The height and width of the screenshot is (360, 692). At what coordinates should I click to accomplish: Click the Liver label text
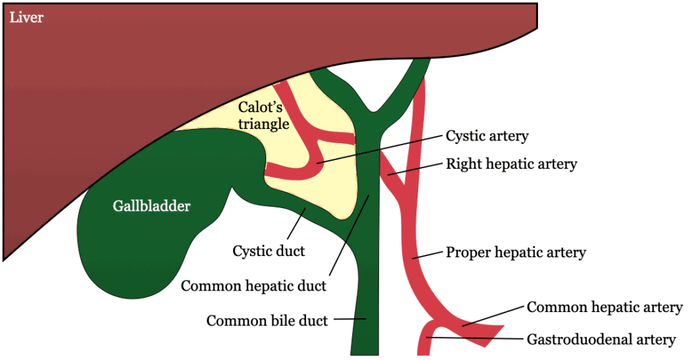pyautogui.click(x=26, y=18)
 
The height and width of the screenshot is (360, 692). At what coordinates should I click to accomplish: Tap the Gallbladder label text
pyautogui.click(x=152, y=207)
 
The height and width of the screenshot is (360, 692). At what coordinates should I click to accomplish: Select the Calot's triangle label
pyautogui.click(x=263, y=115)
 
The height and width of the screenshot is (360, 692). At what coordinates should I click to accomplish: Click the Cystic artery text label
pyautogui.click(x=487, y=136)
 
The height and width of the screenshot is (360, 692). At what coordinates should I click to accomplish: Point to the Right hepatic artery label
pyautogui.click(x=512, y=163)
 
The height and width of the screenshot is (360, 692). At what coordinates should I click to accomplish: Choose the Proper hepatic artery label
pyautogui.click(x=516, y=253)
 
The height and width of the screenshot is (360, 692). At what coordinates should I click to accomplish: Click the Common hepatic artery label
pyautogui.click(x=605, y=307)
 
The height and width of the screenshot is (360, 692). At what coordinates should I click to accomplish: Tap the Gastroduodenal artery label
pyautogui.click(x=601, y=339)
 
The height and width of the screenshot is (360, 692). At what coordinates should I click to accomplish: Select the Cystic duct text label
pyautogui.click(x=268, y=251)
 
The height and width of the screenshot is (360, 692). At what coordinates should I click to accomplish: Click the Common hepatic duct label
pyautogui.click(x=253, y=286)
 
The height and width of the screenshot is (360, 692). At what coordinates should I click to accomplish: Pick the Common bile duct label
pyautogui.click(x=267, y=320)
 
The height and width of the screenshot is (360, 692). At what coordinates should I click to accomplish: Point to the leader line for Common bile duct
pyautogui.click(x=350, y=318)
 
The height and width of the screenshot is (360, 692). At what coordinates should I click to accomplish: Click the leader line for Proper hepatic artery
pyautogui.click(x=427, y=255)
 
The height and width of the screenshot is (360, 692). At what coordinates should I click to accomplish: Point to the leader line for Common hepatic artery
pyautogui.click(x=493, y=316)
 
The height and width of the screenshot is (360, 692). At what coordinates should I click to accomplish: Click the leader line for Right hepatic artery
pyautogui.click(x=418, y=170)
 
